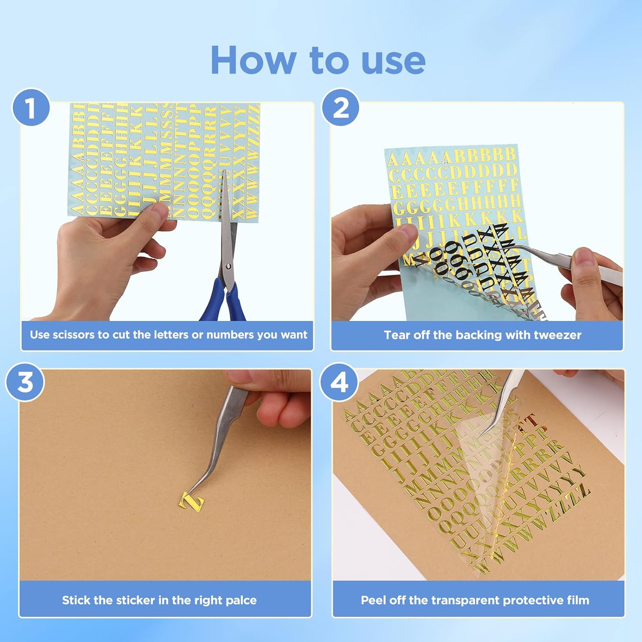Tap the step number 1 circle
(x=31, y=108)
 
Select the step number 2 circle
(x=340, y=108)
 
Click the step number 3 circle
(x=25, y=382)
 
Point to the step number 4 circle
(x=339, y=382)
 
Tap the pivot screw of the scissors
(x=229, y=266)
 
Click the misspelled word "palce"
(x=241, y=600)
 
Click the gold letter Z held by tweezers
(x=191, y=502)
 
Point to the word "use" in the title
(x=393, y=60)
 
